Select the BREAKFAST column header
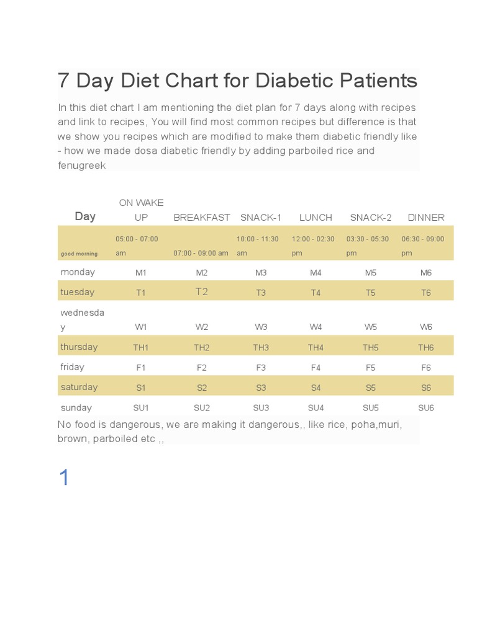pyautogui.click(x=202, y=218)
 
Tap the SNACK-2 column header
pyautogui.click(x=371, y=218)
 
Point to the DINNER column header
pyautogui.click(x=426, y=218)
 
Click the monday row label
pyautogui.click(x=78, y=272)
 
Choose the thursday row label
pyautogui.click(x=79, y=347)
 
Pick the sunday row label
pyautogui.click(x=76, y=407)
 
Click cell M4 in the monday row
pyautogui.click(x=316, y=273)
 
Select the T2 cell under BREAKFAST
pyautogui.click(x=202, y=291)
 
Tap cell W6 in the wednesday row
pyautogui.click(x=426, y=327)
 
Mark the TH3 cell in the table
pyautogui.click(x=261, y=347)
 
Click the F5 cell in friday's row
pyautogui.click(x=371, y=368)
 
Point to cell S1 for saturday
pyautogui.click(x=141, y=388)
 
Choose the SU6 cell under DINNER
pyautogui.click(x=426, y=408)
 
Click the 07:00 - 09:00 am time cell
pyautogui.click(x=201, y=253)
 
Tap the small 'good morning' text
pyautogui.click(x=79, y=254)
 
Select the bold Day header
pyautogui.click(x=85, y=216)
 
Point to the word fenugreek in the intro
pyautogui.click(x=81, y=165)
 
